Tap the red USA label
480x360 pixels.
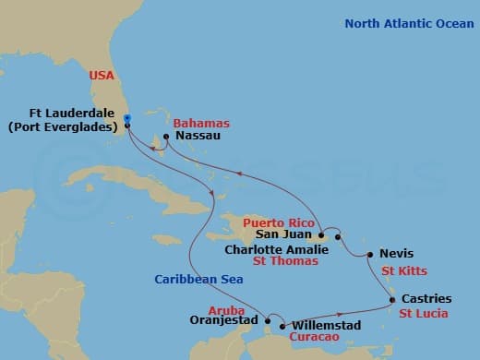[102, 76]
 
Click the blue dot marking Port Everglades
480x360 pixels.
[126, 117]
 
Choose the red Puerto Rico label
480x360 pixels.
[275, 223]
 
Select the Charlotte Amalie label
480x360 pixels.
[274, 248]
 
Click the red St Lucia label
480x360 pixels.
[424, 313]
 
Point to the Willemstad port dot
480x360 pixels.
[282, 326]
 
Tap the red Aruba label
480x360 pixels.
[226, 310]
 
